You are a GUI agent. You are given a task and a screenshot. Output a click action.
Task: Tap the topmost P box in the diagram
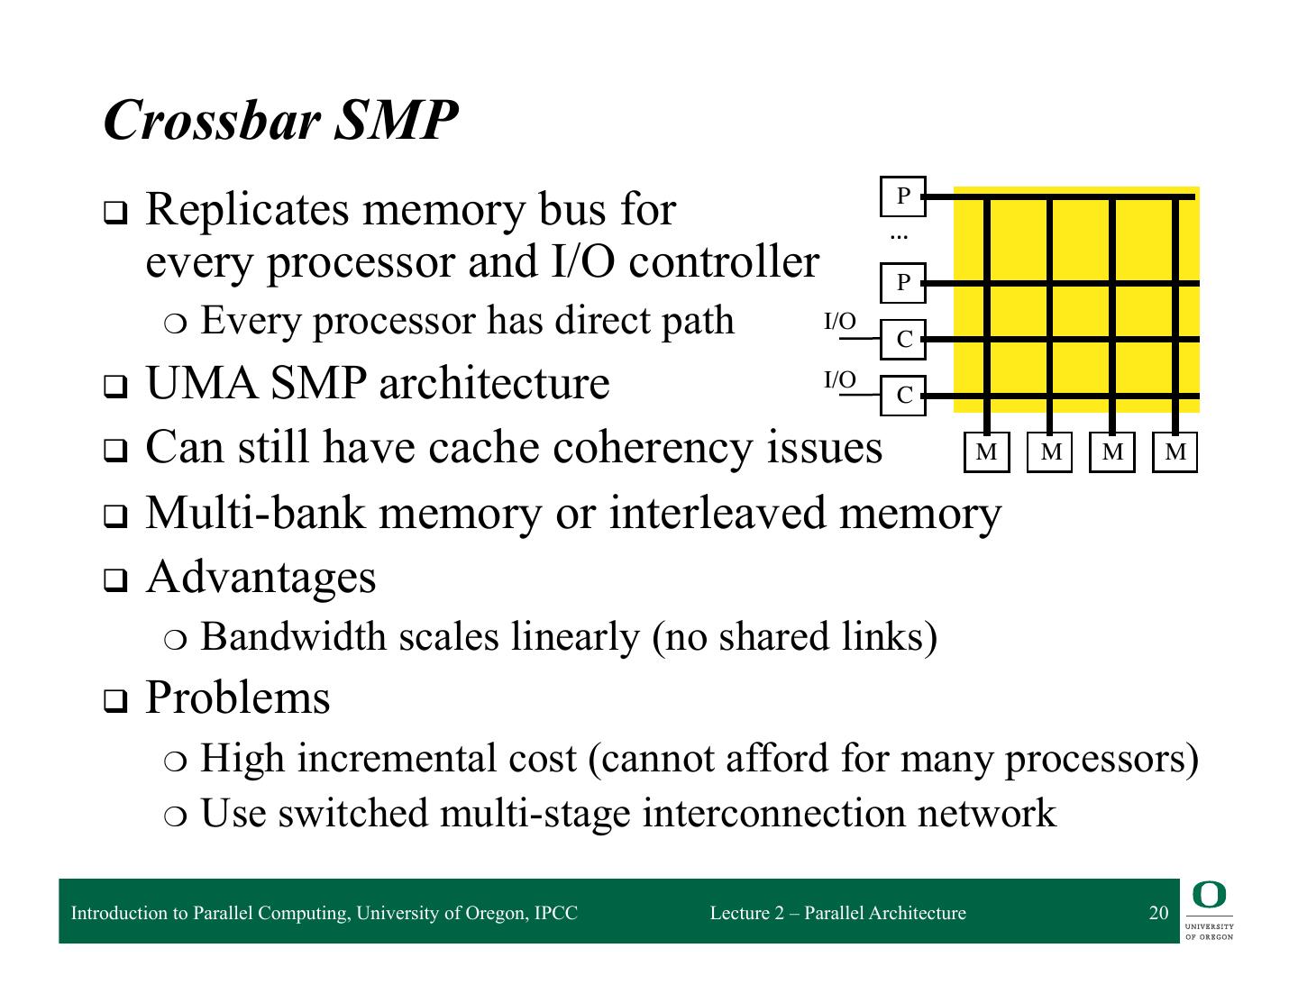pos(902,196)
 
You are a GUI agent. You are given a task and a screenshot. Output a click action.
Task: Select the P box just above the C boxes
pos(902,283)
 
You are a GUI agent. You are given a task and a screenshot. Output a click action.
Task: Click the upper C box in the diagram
pos(902,340)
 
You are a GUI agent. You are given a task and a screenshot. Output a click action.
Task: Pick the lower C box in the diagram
pos(902,396)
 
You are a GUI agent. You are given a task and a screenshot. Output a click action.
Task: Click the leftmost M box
pos(986,452)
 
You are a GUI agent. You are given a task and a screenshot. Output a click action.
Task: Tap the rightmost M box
pos(1175,452)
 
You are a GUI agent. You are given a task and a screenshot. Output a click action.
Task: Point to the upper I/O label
pos(840,322)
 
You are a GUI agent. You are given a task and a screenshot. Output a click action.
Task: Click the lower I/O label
pos(840,380)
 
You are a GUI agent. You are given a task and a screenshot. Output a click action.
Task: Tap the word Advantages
pos(261,577)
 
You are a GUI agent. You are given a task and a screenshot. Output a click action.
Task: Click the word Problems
pos(238,698)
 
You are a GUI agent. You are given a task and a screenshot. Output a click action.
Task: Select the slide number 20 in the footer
pos(1158,913)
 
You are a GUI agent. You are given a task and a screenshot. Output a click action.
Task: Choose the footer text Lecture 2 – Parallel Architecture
pos(837,913)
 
